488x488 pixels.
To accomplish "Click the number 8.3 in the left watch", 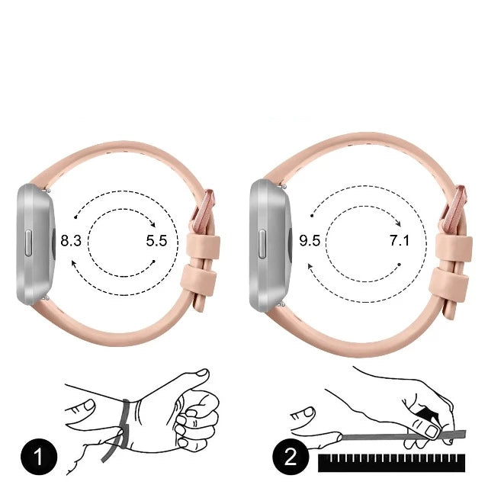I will click(x=71, y=241).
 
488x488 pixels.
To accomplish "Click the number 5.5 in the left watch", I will click(x=156, y=241).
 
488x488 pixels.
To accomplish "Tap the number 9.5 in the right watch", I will click(x=310, y=241).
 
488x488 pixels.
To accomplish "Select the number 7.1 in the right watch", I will click(x=399, y=241).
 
